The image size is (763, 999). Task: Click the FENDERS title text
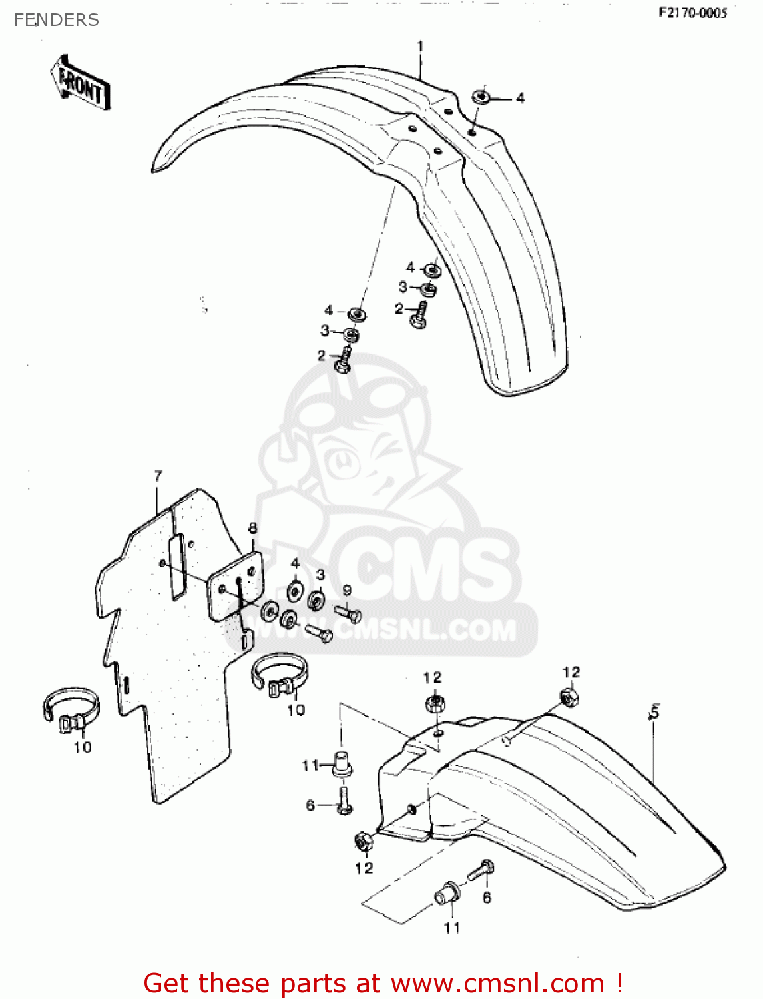coord(57,20)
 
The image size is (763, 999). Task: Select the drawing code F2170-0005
coord(692,13)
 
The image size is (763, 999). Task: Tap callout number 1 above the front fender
coord(420,47)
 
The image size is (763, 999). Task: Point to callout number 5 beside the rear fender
coord(654,713)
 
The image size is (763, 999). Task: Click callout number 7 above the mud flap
coord(158,476)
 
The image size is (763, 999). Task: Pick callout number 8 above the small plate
coord(252,529)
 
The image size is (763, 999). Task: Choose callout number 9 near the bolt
coord(347,591)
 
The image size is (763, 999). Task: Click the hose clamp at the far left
coord(71,711)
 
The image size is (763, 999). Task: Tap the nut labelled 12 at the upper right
coord(569,697)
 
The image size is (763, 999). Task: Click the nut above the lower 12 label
coord(364,842)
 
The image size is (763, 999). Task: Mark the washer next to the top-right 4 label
coord(481,97)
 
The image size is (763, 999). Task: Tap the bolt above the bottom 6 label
coord(481,870)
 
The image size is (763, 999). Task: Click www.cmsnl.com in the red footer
coord(496,983)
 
